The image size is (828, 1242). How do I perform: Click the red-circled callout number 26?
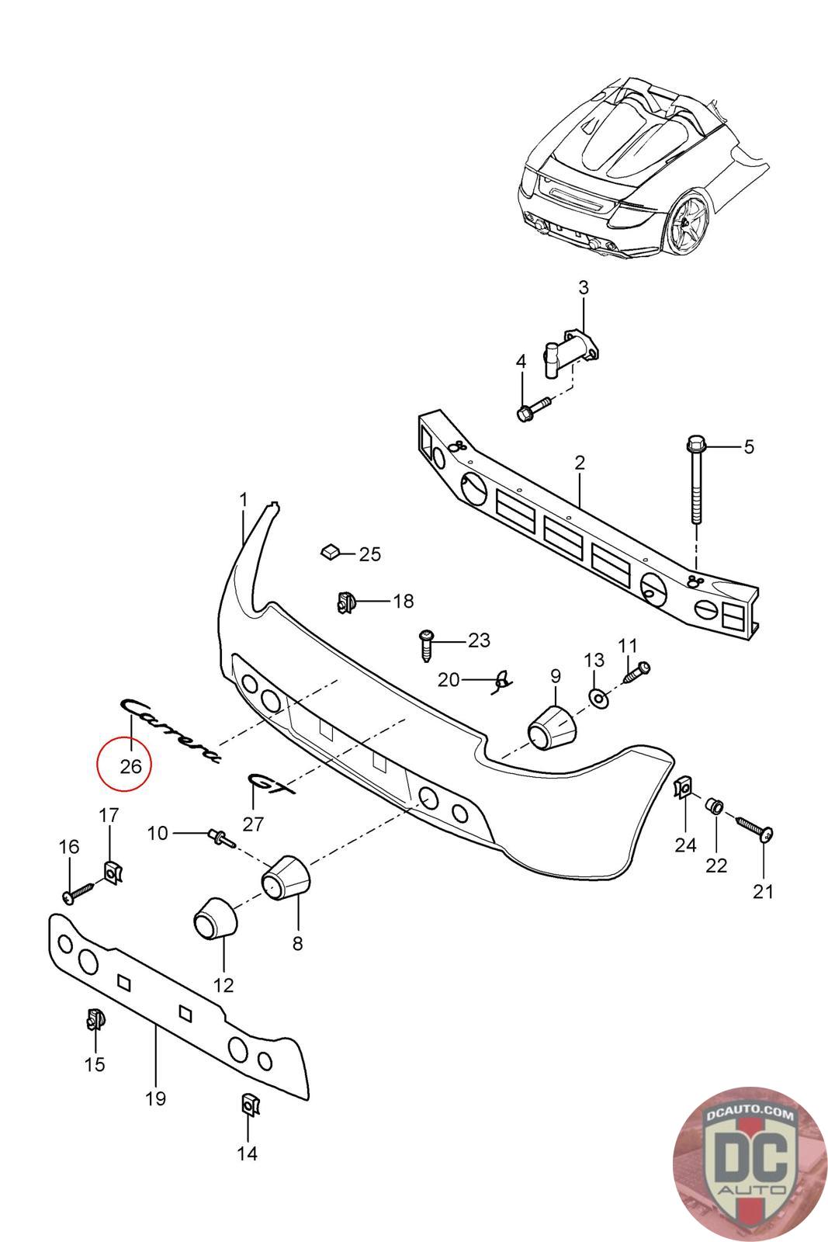tap(130, 766)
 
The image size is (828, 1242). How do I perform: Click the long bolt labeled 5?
tap(695, 481)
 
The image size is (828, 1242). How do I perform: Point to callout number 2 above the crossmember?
tap(580, 463)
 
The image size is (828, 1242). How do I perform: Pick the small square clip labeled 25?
tap(329, 552)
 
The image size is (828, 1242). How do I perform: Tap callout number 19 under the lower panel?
tap(156, 1098)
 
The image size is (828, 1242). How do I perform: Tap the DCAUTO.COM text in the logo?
tap(751, 1115)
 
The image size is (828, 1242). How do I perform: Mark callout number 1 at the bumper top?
tap(243, 499)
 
